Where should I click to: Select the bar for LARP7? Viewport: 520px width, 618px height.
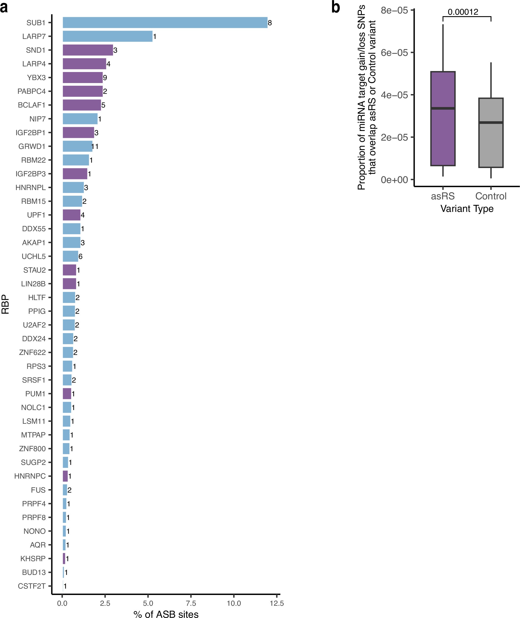point(108,36)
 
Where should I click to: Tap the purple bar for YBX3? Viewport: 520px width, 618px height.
point(83,77)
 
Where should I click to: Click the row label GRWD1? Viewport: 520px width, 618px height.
point(32,146)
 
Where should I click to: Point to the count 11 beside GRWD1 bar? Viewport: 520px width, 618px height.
point(95,146)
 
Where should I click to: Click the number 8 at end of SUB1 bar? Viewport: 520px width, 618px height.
point(270,23)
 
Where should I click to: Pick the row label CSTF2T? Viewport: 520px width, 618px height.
point(32,586)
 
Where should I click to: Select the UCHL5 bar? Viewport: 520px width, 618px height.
point(70,256)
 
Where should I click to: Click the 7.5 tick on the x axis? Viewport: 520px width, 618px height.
point(191,603)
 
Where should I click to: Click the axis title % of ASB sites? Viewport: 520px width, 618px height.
point(166,614)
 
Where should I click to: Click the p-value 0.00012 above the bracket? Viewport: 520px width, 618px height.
point(463,12)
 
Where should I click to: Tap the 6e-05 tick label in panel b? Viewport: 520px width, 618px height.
point(394,53)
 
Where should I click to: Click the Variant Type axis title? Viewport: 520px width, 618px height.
point(467,208)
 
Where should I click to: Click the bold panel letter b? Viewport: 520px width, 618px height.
point(336,7)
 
